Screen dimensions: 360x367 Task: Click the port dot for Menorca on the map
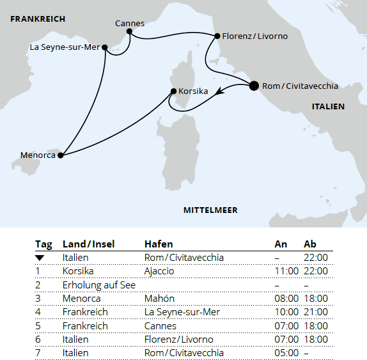(x=61, y=155)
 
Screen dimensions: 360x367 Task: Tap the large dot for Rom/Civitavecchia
(x=254, y=86)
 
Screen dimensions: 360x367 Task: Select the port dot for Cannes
(x=129, y=31)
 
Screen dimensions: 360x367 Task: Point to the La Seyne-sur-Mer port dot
(x=105, y=47)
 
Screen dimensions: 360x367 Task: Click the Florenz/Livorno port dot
(x=217, y=36)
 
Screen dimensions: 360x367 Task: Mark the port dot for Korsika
(x=173, y=91)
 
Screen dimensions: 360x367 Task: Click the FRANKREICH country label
(x=38, y=19)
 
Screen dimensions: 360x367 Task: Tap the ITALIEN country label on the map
(x=328, y=107)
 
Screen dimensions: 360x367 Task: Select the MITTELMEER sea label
(x=210, y=210)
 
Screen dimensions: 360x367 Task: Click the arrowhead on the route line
(x=220, y=93)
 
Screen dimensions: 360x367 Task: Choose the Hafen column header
(x=159, y=244)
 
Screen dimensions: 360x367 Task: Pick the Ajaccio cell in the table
(x=159, y=271)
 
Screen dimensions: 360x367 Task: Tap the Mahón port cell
(x=159, y=299)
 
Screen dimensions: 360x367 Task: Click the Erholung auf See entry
(x=99, y=285)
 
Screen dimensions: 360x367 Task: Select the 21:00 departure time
(x=316, y=312)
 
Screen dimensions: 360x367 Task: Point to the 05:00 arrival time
(x=286, y=353)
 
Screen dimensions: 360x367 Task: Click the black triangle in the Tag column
(x=40, y=258)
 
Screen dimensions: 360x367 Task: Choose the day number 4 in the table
(x=38, y=312)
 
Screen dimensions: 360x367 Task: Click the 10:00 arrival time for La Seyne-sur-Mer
(x=286, y=312)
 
